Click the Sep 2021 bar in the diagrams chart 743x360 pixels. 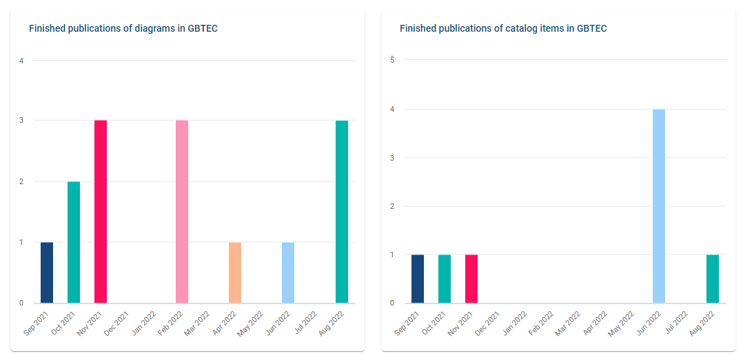pyautogui.click(x=47, y=272)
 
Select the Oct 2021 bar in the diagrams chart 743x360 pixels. pyautogui.click(x=74, y=242)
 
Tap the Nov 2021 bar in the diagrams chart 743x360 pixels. pyautogui.click(x=101, y=212)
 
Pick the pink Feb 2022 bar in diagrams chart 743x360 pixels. pyautogui.click(x=182, y=212)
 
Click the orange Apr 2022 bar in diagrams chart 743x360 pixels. pyautogui.click(x=235, y=272)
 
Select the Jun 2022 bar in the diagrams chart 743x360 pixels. pyautogui.click(x=288, y=272)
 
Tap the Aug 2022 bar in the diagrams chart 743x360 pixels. pyautogui.click(x=342, y=212)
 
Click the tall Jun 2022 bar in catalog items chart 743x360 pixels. pyautogui.click(x=659, y=206)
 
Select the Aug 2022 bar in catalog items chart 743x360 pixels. pyautogui.click(x=713, y=279)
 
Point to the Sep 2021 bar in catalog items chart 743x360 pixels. pyautogui.click(x=418, y=279)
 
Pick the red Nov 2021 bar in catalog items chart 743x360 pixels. pyautogui.click(x=471, y=279)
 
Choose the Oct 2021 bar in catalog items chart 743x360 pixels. pyautogui.click(x=445, y=279)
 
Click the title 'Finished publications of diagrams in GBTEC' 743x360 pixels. pyautogui.click(x=123, y=28)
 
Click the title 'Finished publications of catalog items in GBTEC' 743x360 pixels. pyautogui.click(x=503, y=28)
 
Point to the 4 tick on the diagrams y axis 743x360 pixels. pyautogui.click(x=21, y=61)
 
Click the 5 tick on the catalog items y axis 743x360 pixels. pyautogui.click(x=392, y=60)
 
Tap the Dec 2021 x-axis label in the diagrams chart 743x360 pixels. pyautogui.click(x=116, y=323)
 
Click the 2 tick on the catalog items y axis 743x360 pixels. pyautogui.click(x=392, y=206)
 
